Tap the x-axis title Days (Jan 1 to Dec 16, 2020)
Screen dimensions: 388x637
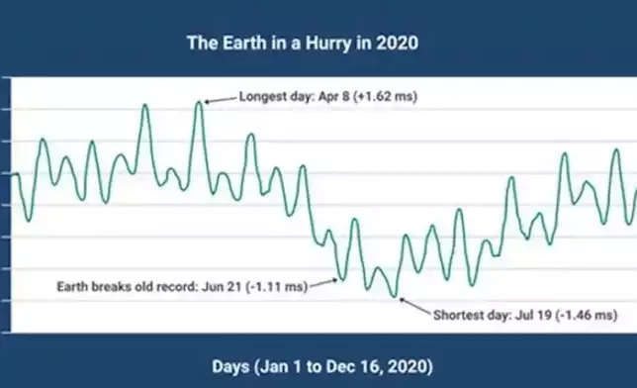coord(322,366)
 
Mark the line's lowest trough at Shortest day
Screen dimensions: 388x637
coord(396,296)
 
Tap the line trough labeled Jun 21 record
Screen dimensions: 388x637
coord(339,279)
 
